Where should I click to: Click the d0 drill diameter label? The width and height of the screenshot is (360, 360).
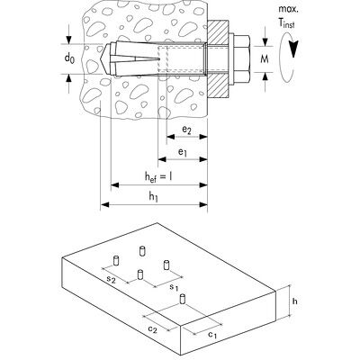click(x=69, y=58)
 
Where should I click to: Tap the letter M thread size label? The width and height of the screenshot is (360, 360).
click(x=265, y=59)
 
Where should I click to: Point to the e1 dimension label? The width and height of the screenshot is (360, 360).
click(x=183, y=152)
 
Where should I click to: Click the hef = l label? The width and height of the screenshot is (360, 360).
click(x=158, y=176)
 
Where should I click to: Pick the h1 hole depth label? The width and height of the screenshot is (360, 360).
click(x=153, y=196)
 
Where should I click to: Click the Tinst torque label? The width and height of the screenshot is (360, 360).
click(x=286, y=22)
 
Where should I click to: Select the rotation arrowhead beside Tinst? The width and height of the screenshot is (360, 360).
click(x=293, y=49)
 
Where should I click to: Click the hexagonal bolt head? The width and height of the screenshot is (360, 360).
click(x=241, y=58)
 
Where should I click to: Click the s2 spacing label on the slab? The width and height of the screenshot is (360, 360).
click(x=112, y=279)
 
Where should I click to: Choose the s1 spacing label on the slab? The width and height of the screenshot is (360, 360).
click(x=174, y=287)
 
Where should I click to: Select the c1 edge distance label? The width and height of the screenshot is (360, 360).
click(x=211, y=334)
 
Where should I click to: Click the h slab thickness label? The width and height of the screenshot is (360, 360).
click(x=295, y=301)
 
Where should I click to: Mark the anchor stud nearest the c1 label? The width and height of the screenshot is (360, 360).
click(x=183, y=300)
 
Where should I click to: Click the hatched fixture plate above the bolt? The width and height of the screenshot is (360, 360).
click(x=218, y=31)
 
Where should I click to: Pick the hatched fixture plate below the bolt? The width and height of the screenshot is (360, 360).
click(x=218, y=86)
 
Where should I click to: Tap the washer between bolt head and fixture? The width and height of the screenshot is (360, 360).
click(x=231, y=58)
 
